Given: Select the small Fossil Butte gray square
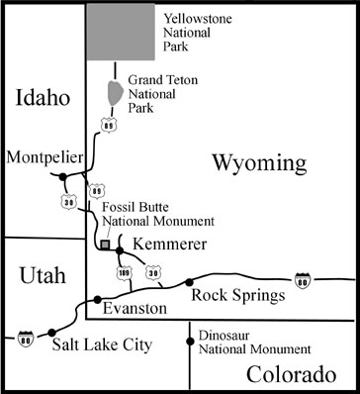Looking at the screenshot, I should pos(105,242).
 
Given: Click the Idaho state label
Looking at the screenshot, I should pos(43,98).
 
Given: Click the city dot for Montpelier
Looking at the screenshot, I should pos(63,176).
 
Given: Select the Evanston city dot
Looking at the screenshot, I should pos(97,298).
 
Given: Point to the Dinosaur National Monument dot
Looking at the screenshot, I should pos(190,342).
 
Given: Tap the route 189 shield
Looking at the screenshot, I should pos(125,273).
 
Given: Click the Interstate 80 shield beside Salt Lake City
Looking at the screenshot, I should pos(22,337).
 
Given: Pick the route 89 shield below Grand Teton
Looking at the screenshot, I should pos(107,126).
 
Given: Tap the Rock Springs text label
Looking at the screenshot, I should pos(238,295).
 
